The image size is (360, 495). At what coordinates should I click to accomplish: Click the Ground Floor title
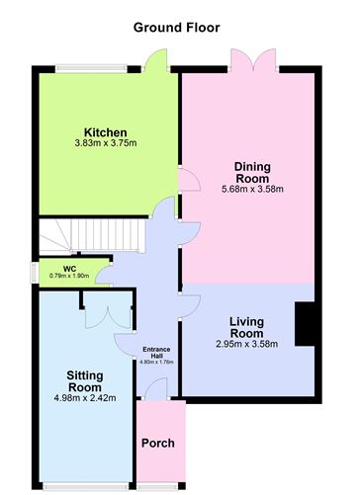click(177, 28)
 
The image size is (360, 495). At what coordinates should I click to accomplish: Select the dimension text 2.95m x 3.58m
click(246, 344)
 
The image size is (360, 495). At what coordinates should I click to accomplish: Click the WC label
click(70, 268)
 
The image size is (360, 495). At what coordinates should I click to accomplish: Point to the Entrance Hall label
click(157, 353)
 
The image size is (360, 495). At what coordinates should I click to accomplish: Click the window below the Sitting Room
click(85, 485)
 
